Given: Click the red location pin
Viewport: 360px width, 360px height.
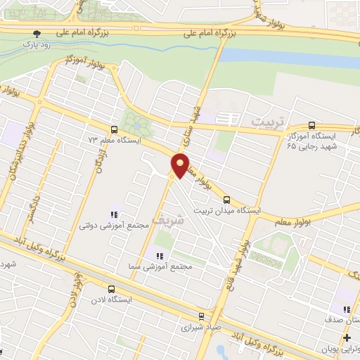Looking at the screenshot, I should [x=180, y=165].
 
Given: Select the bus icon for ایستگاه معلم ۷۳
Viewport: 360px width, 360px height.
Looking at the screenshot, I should [x=114, y=129].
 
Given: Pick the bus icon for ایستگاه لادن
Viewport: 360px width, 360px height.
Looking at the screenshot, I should [x=110, y=289].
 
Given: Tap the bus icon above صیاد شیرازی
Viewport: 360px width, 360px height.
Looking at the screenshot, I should [x=201, y=316].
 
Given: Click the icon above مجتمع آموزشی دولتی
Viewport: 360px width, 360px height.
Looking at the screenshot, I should [x=113, y=214].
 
